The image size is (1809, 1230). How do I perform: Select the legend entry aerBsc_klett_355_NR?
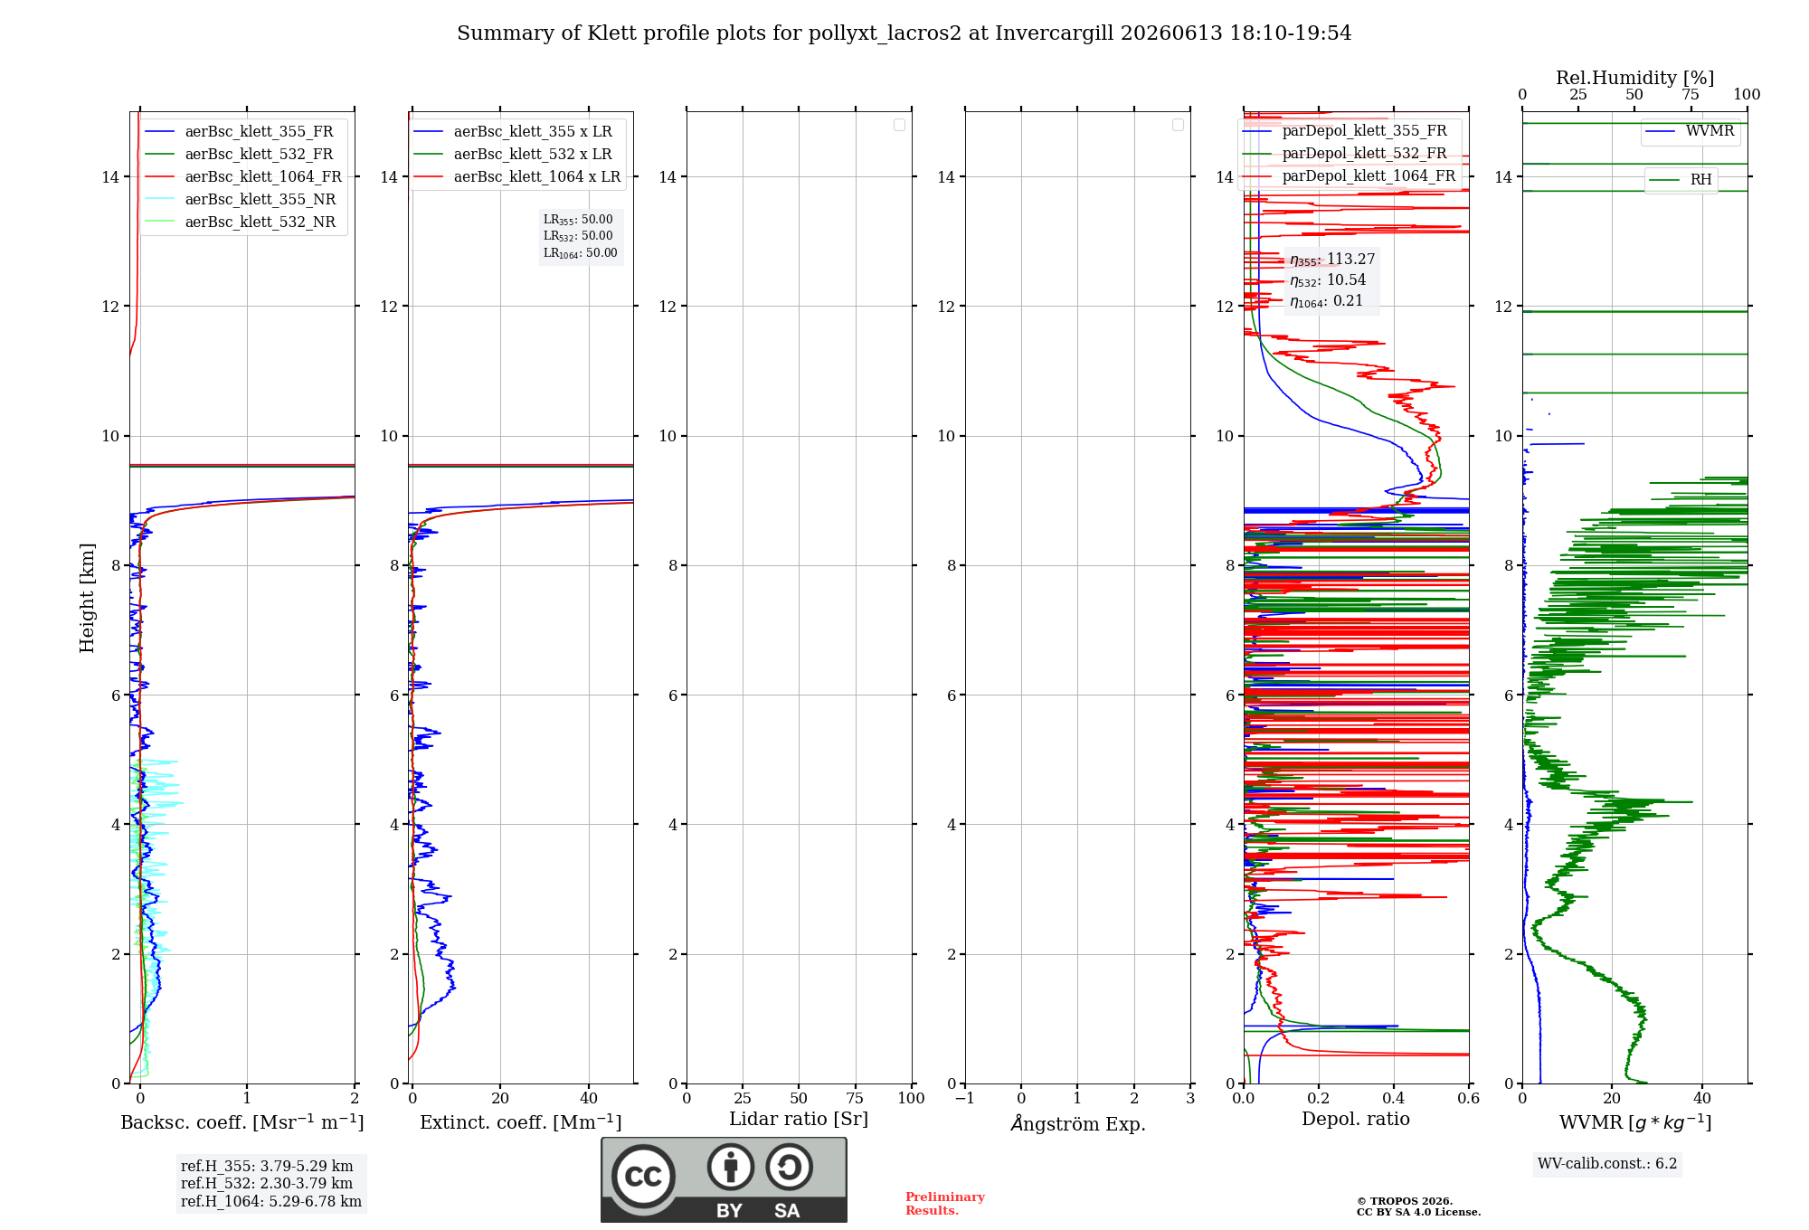pos(240,199)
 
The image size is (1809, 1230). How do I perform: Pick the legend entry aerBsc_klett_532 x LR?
pos(513,154)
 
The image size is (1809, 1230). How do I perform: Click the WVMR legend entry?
pos(1690,131)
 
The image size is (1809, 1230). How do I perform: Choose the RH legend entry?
pos(1681,180)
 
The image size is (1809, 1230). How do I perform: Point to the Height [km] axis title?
pos(87,598)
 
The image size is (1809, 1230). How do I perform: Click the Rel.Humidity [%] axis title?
pos(1634,78)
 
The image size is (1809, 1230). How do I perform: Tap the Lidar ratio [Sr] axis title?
pos(799,1119)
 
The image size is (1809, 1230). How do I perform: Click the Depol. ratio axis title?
pos(1356,1119)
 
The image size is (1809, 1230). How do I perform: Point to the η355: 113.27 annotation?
pos(1332,260)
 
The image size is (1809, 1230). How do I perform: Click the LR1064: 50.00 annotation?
pos(580,253)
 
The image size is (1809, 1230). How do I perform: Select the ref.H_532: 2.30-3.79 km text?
pos(267,1183)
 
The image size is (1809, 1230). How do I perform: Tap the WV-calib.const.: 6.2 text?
pos(1607,1163)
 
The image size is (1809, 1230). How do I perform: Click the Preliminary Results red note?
pos(945,1203)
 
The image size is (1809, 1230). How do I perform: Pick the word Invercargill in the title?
pos(1055,33)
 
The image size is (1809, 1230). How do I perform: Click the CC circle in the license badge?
pos(643,1176)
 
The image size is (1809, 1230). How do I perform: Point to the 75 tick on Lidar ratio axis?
pos(855,1098)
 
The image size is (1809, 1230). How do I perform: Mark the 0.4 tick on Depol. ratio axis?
pos(1394,1098)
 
